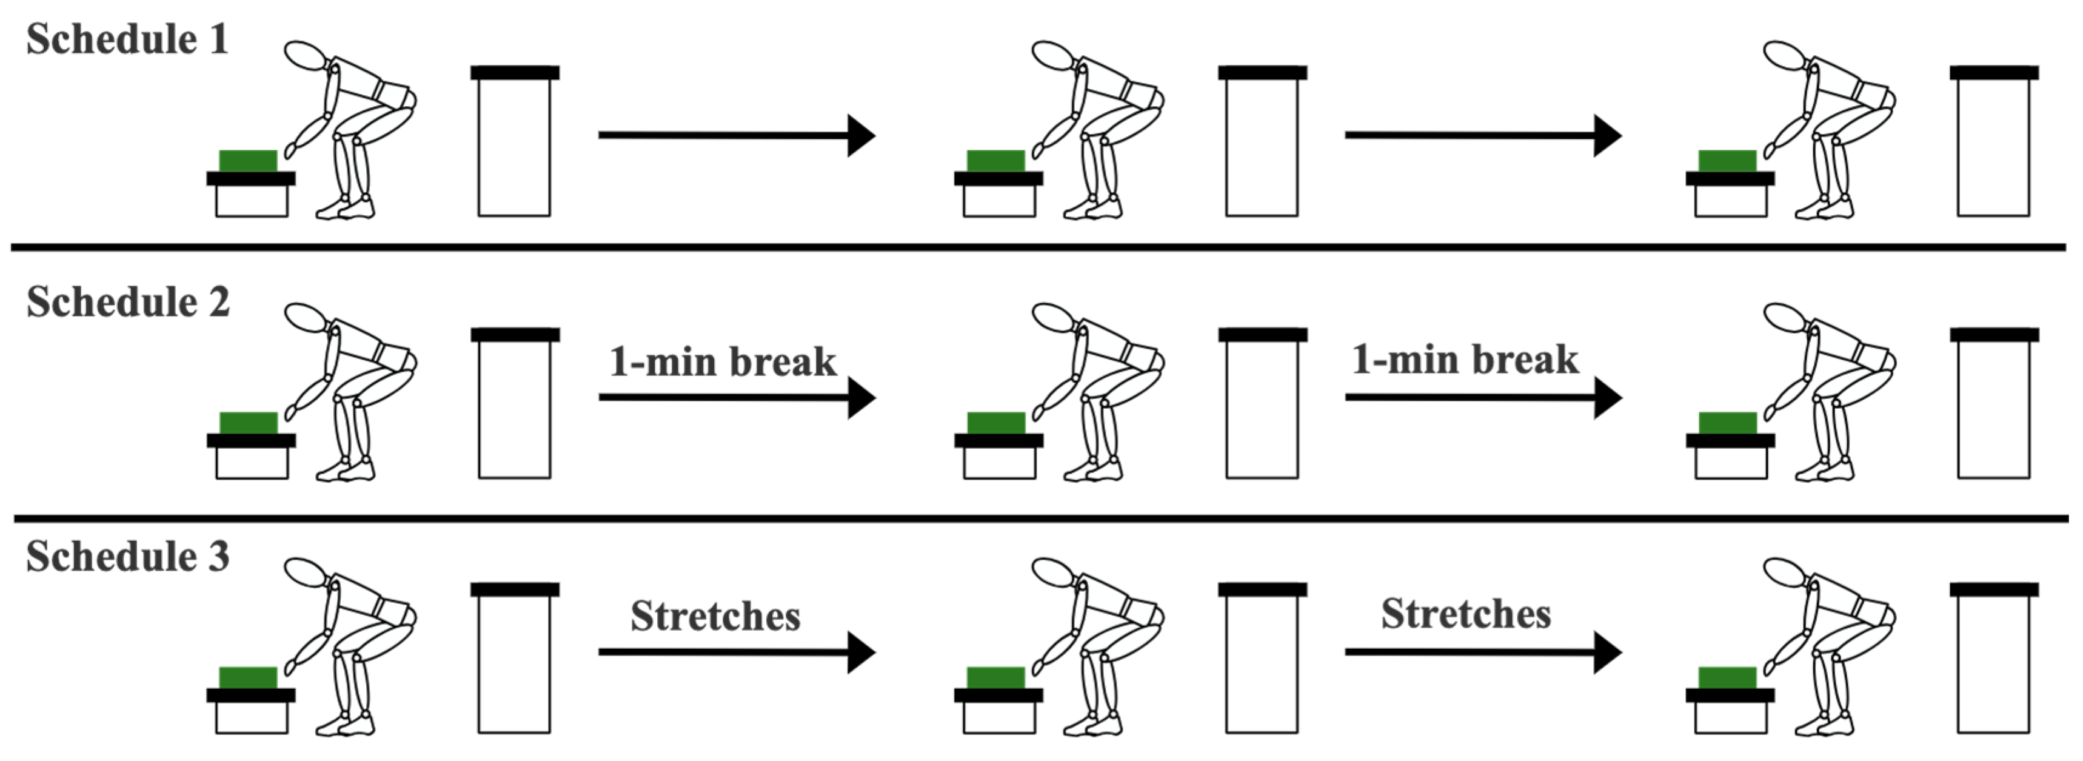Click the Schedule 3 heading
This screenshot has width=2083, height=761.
point(128,557)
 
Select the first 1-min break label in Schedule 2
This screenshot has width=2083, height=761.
point(722,361)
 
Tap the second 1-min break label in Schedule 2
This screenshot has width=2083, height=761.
point(1465,359)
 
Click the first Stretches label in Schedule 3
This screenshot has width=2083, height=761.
point(715,616)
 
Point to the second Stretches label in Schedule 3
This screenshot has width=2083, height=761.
point(1465,614)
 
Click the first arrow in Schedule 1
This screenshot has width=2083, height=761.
point(736,135)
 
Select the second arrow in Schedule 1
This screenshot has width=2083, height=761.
point(1482,135)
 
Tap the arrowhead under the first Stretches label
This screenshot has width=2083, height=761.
point(860,652)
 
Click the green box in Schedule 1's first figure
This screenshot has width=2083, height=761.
point(248,160)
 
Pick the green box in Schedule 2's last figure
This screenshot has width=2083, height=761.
point(1727,423)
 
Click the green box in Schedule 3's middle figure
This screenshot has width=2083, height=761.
point(995,678)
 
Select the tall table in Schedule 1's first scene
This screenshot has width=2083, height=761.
point(514,146)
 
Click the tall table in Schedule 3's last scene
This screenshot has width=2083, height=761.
point(1993,663)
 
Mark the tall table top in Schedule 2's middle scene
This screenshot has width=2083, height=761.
point(1262,334)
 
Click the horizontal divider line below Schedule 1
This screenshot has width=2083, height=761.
point(1038,247)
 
